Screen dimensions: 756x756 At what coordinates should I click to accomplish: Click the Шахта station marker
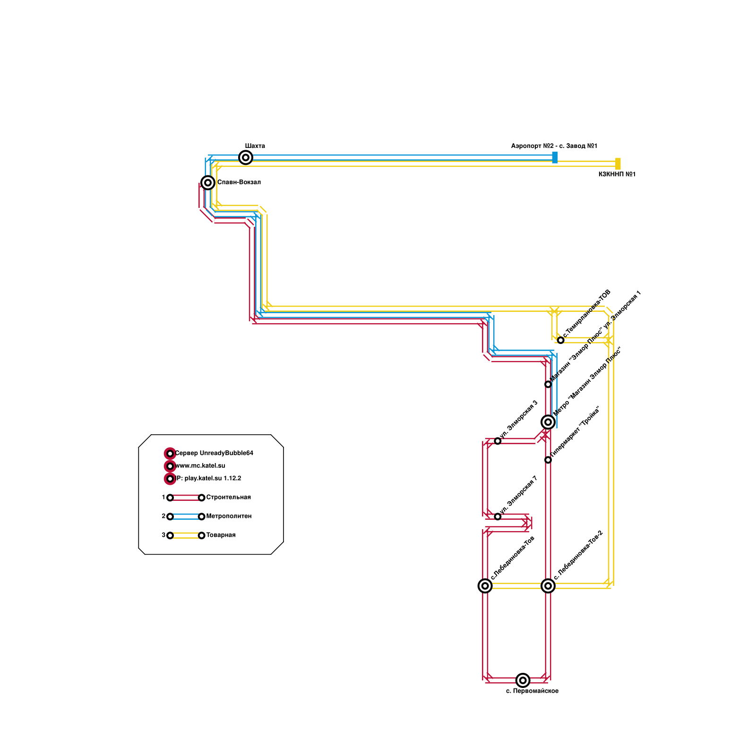(246, 157)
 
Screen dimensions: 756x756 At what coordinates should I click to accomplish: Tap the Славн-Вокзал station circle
(208, 182)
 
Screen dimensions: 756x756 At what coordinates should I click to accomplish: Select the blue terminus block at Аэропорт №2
(555, 157)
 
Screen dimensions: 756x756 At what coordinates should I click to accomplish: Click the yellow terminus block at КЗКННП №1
(618, 163)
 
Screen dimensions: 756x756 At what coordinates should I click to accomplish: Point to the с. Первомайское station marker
(523, 680)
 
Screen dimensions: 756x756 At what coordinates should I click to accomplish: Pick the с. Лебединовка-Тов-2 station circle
(548, 586)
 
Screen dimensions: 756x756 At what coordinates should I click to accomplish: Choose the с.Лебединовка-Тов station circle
(485, 586)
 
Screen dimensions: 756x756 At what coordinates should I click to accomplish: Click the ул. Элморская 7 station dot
(498, 516)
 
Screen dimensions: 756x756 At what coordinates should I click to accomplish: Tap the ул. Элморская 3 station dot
(498, 441)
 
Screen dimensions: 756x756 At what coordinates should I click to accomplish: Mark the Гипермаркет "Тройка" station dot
(548, 460)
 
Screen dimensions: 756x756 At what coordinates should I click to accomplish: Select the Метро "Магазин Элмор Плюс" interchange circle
(548, 422)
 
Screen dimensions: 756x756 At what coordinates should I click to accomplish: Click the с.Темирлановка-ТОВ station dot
(561, 340)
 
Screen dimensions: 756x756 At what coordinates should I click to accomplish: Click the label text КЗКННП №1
(617, 174)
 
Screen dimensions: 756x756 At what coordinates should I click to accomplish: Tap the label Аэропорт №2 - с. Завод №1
(554, 146)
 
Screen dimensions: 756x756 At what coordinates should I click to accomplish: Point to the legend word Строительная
(228, 498)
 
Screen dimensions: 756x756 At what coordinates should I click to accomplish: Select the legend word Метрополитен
(229, 516)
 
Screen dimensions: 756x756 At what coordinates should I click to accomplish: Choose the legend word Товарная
(221, 535)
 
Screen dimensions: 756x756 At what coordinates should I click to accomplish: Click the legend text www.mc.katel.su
(200, 466)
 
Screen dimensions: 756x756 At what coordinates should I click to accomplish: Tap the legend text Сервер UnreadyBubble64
(214, 454)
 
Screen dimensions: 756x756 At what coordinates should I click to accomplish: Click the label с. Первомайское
(532, 691)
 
